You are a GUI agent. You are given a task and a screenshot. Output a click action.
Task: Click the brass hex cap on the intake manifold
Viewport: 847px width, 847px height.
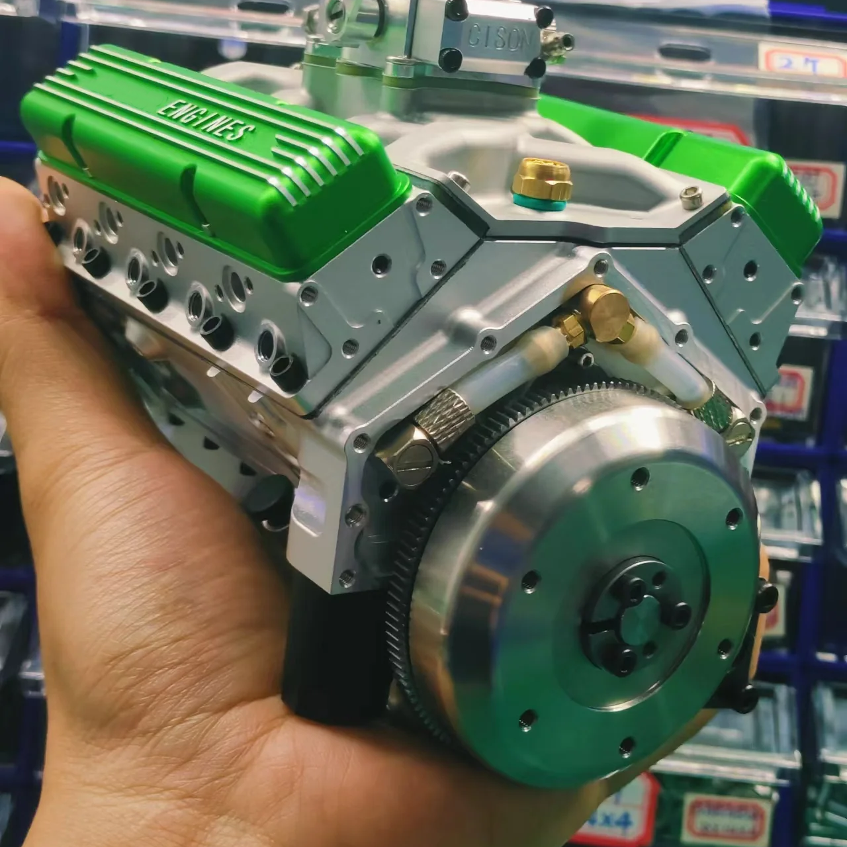click(x=542, y=179)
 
